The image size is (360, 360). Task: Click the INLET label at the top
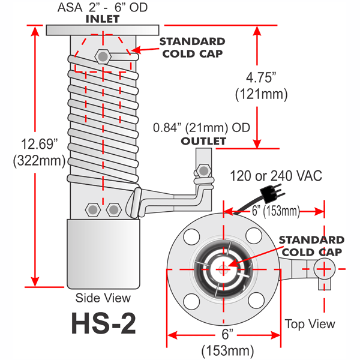click(102, 19)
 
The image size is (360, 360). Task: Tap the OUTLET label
click(203, 141)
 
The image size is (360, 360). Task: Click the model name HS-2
click(103, 323)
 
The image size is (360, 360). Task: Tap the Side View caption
click(103, 298)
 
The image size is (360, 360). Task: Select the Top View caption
click(310, 324)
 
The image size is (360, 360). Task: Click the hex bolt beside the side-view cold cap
click(103, 57)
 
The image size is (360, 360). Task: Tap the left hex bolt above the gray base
click(92, 210)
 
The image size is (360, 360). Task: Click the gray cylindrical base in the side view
click(103, 253)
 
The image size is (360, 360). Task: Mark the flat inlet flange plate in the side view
click(103, 29)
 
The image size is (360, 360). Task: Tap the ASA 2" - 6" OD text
click(103, 8)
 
